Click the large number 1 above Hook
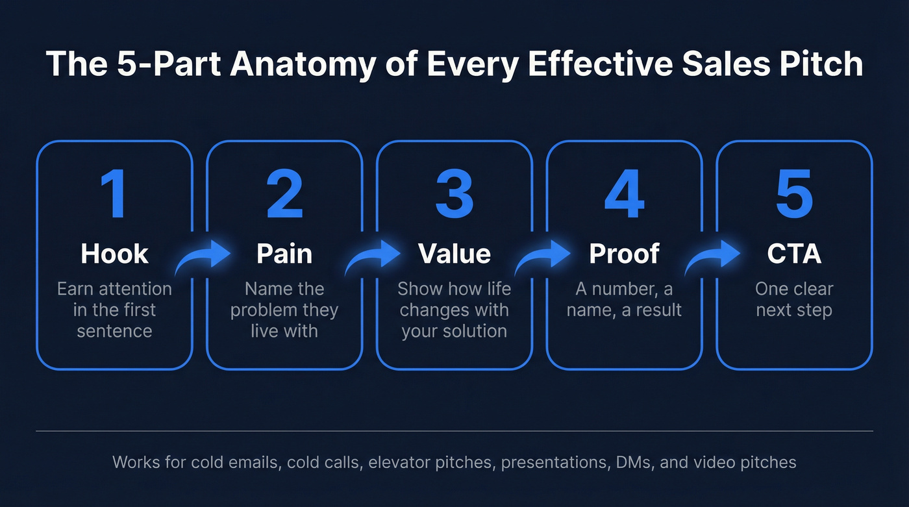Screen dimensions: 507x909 [x=114, y=195]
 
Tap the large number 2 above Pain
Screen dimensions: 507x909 [x=284, y=195]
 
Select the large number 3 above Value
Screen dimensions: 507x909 [x=454, y=195]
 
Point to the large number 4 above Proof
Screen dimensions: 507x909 [x=624, y=195]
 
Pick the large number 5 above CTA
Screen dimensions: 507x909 [x=794, y=195]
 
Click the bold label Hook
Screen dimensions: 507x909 [x=114, y=254]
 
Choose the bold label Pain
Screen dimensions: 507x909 [x=284, y=254]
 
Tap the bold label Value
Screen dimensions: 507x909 [x=454, y=254]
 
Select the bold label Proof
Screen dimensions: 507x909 [x=624, y=254]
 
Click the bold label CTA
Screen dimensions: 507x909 [x=794, y=254]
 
